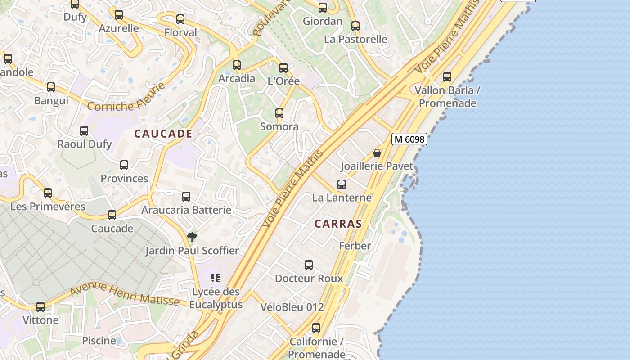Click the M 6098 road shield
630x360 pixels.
click(x=409, y=139)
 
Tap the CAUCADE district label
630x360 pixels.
click(x=163, y=134)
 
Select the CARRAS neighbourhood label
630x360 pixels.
click(x=338, y=224)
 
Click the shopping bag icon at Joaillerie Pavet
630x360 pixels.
click(x=377, y=153)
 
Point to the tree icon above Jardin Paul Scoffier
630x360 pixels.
click(x=192, y=237)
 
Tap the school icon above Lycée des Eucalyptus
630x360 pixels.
click(x=216, y=278)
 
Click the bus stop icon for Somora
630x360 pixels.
click(x=279, y=113)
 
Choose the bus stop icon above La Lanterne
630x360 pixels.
click(x=342, y=184)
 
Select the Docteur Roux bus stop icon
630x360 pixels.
click(x=309, y=265)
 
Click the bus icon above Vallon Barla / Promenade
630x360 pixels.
click(x=447, y=76)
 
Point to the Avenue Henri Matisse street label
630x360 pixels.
click(x=125, y=293)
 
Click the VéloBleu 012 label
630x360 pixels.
click(x=292, y=307)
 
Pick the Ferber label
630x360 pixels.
click(x=355, y=246)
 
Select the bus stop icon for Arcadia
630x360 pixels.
click(x=237, y=65)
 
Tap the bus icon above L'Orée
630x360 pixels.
click(x=283, y=68)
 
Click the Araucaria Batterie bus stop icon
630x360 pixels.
click(x=186, y=196)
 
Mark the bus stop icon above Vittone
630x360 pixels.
click(x=40, y=307)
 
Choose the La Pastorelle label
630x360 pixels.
click(x=355, y=39)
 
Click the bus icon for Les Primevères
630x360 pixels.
click(x=48, y=193)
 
